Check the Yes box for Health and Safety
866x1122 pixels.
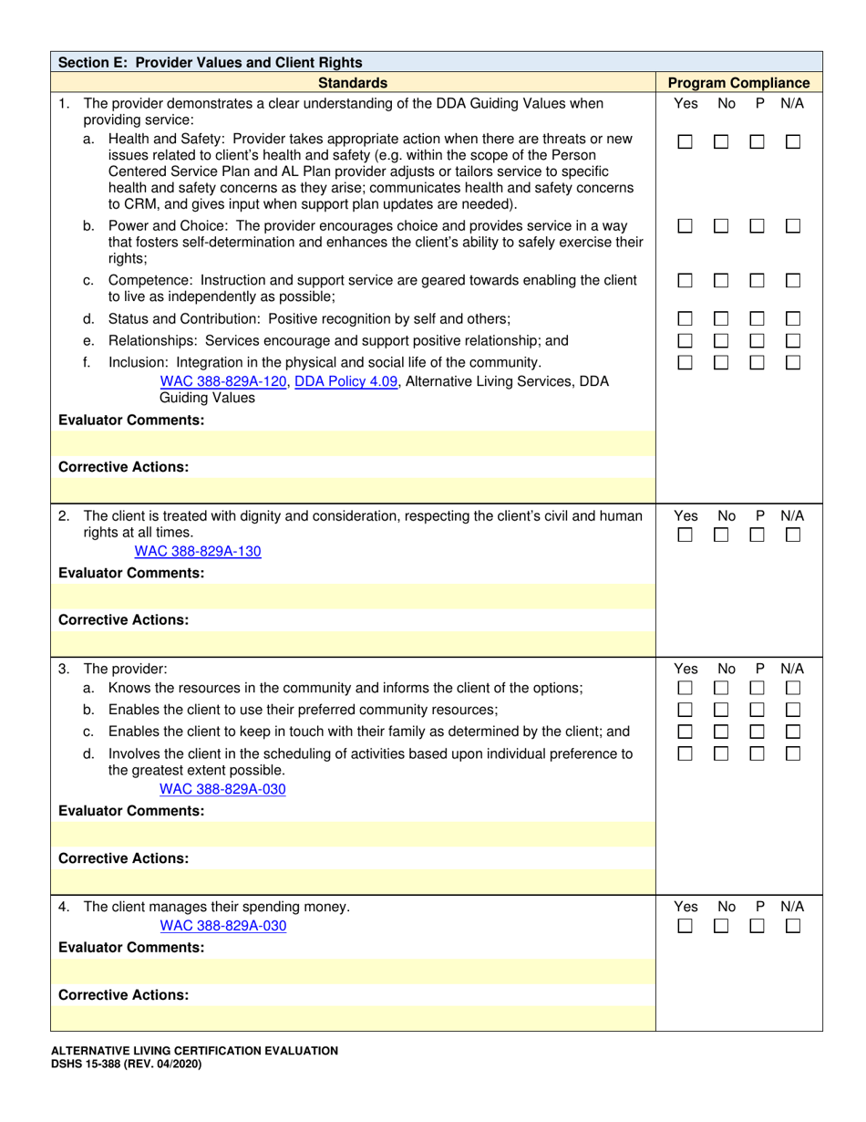tap(685, 142)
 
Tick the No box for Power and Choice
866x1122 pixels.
tap(721, 225)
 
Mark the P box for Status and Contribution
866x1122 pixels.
tap(757, 319)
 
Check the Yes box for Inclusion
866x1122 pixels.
tap(685, 362)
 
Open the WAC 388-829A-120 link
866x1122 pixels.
tap(223, 381)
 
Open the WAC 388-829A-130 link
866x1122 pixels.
tap(198, 551)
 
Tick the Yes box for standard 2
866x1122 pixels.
tap(685, 535)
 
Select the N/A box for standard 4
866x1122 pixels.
tap(793, 926)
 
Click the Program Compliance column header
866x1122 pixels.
tap(738, 83)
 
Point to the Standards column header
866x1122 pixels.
tap(352, 83)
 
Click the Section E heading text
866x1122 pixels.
tap(210, 63)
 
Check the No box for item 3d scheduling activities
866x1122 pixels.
tap(721, 753)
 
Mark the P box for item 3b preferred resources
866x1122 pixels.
tap(757, 710)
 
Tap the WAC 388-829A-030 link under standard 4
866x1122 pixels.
tap(222, 926)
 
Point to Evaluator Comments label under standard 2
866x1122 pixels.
tap(131, 573)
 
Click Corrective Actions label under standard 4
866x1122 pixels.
tap(124, 995)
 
